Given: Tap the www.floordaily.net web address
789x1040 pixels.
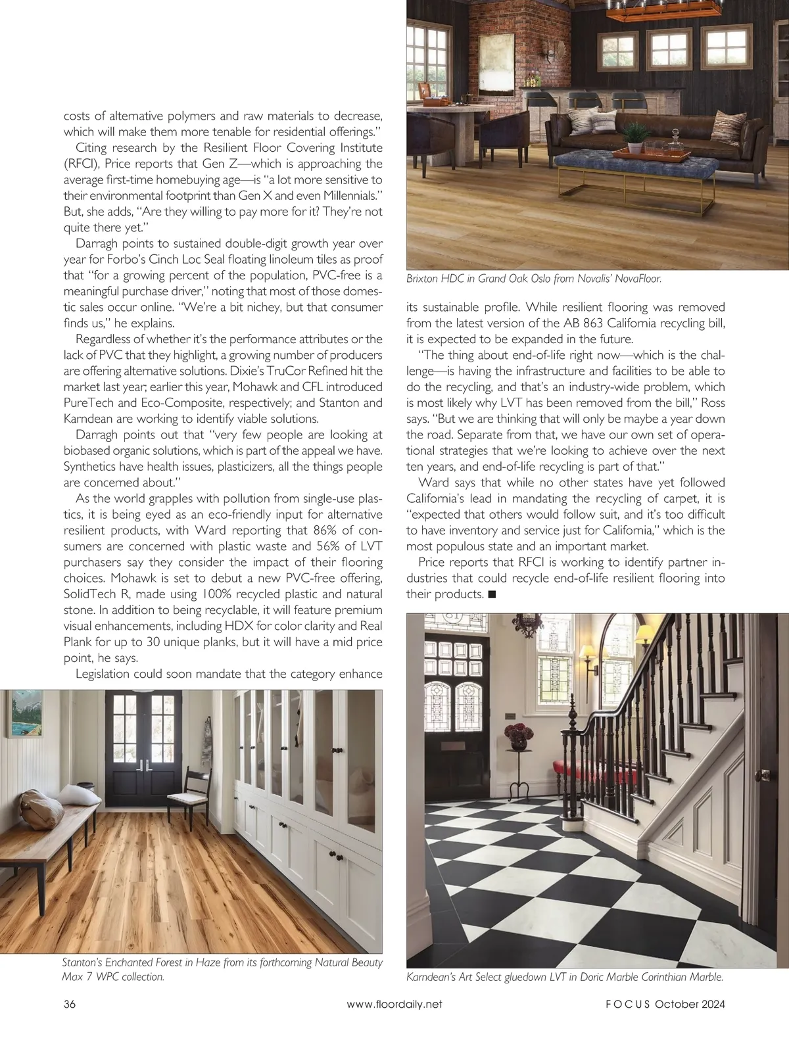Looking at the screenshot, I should [x=394, y=1004].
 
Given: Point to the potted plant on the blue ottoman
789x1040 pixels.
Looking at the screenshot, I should [x=634, y=137].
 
